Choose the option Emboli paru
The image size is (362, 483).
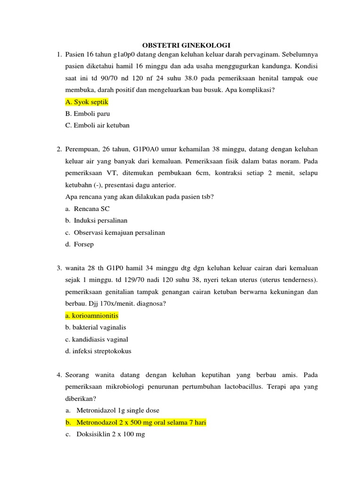coord(88,114)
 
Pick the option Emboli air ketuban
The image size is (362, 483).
coord(97,125)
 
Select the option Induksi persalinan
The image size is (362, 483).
coord(100,220)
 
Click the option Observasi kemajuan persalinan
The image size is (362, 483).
coord(119,233)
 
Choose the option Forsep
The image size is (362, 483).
coord(84,244)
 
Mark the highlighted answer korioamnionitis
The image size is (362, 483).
coord(92,316)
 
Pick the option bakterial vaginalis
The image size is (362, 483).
coord(96,327)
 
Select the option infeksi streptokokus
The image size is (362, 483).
coord(99,351)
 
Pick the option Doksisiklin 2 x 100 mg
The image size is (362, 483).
coord(110,434)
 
